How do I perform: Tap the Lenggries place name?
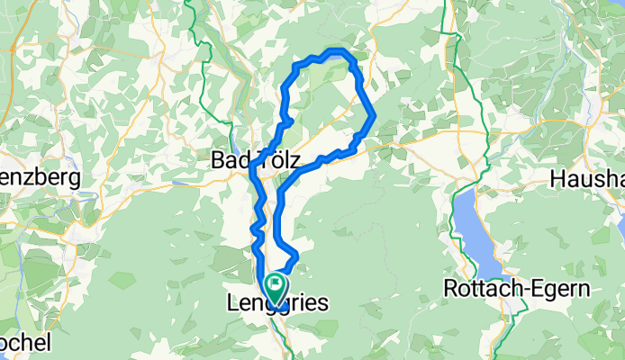[x=274, y=305]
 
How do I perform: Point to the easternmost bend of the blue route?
[x=373, y=116]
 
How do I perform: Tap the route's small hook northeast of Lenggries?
[x=294, y=256]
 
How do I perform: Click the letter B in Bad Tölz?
[x=217, y=160]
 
